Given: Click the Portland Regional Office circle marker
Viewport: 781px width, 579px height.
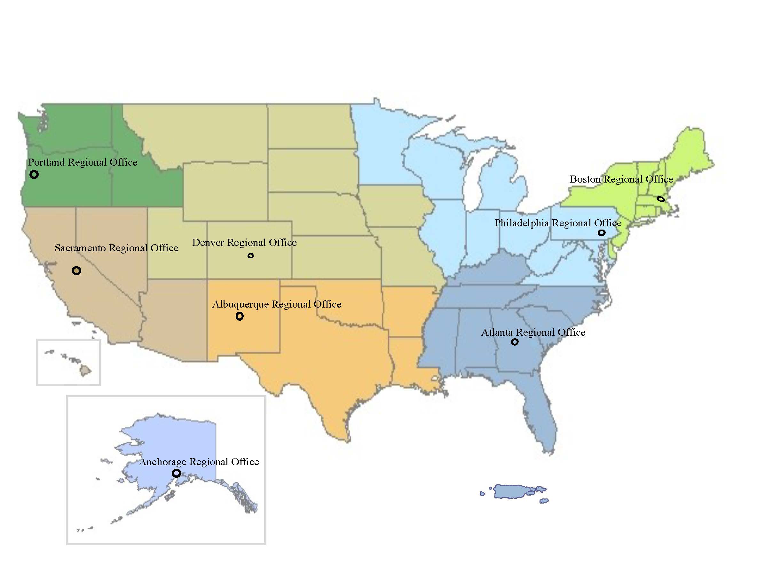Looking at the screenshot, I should point(34,174).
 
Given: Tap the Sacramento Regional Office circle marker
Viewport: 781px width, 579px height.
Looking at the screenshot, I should point(76,270).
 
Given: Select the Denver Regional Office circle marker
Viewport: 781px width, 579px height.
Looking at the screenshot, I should point(250,256).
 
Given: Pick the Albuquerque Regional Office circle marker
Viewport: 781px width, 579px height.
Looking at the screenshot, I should point(240,316).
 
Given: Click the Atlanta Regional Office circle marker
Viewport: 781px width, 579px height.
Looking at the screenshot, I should point(515,342).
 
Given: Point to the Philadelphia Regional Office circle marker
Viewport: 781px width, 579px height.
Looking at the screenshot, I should point(602,233).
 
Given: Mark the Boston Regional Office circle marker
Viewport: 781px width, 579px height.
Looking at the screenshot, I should point(661,199).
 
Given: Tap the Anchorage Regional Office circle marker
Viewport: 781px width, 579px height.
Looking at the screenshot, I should point(176,473).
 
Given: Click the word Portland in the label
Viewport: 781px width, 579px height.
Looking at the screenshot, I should point(46,162).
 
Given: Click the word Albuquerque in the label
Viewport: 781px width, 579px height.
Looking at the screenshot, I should point(240,304).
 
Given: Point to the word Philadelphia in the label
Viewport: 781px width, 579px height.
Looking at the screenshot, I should point(522,223).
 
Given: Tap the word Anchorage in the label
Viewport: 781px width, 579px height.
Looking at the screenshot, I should point(163,462).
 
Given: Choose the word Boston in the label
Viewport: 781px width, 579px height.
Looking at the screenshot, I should point(585,179).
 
